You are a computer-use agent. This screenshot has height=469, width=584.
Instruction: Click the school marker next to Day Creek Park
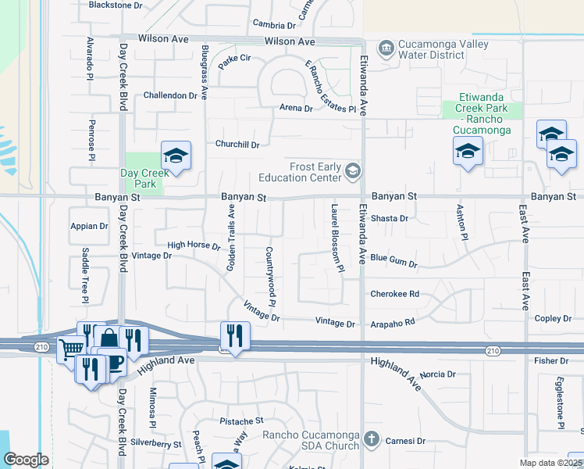pos(176,156)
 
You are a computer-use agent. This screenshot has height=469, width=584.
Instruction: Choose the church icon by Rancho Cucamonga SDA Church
pos(372,439)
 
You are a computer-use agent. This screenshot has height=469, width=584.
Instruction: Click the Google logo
pos(26,460)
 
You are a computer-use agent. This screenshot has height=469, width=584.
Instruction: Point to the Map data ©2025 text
pos(551,463)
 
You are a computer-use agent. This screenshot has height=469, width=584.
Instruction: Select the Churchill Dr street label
pos(237,144)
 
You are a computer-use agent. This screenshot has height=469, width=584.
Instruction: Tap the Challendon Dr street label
pos(170,95)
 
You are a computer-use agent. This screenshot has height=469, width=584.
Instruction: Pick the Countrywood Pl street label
pos(271,277)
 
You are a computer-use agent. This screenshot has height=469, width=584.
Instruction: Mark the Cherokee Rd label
pos(395,294)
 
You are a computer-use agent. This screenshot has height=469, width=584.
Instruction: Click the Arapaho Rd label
pos(392,321)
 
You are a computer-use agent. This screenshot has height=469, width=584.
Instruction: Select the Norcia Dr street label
pos(436,374)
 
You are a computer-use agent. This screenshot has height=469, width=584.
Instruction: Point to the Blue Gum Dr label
pos(393,260)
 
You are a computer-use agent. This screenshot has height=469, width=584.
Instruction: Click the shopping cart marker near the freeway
pos(71,349)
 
